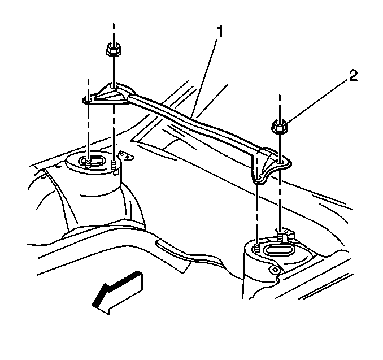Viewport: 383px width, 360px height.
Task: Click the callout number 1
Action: [x=220, y=32]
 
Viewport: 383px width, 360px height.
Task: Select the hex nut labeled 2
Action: [x=280, y=127]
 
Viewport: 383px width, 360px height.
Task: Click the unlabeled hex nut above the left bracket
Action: [x=114, y=49]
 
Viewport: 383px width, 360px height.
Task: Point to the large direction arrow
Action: [x=117, y=293]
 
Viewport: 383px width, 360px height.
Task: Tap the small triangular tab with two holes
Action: [x=126, y=156]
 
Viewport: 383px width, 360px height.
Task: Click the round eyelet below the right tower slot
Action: [x=275, y=270]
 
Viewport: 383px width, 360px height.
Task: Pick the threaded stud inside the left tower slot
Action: [x=88, y=163]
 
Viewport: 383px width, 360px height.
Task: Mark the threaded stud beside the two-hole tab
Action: [x=114, y=164]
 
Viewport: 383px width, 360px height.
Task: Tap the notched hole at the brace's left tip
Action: [x=87, y=100]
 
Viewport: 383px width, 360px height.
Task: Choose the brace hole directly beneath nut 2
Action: [x=280, y=162]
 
